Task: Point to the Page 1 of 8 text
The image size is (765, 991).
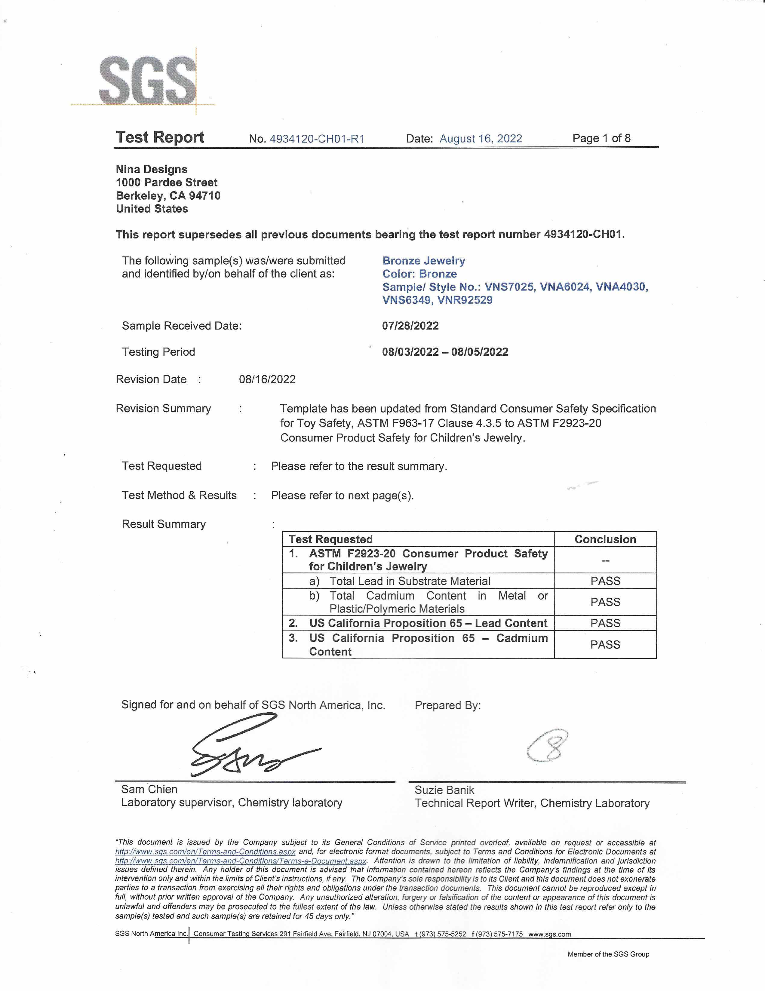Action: (x=601, y=138)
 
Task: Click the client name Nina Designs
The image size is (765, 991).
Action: (x=152, y=169)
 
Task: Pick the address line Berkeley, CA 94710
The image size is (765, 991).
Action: (x=168, y=195)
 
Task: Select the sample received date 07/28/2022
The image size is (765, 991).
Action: (x=410, y=326)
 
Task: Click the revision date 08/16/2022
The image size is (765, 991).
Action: (x=267, y=379)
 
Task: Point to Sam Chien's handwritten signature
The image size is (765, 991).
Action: (x=245, y=748)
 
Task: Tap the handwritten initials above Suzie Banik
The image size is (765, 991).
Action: (x=548, y=746)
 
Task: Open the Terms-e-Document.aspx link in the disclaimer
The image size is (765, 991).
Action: (x=241, y=861)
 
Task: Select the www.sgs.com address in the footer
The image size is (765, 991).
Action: (x=549, y=934)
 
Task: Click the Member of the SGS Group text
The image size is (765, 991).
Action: (x=608, y=954)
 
